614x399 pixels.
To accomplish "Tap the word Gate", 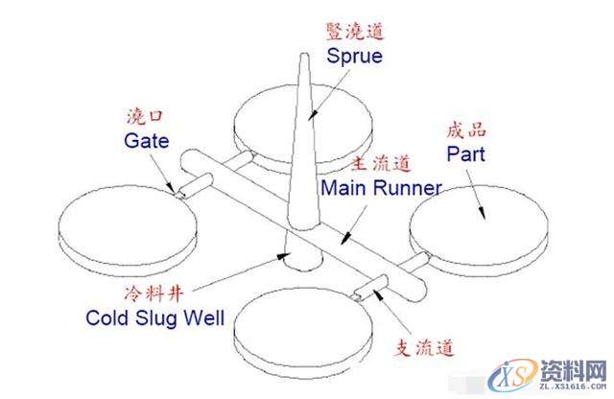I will [x=146, y=141].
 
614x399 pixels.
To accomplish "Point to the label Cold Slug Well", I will [x=154, y=317].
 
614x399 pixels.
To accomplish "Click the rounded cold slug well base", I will [x=297, y=259].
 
